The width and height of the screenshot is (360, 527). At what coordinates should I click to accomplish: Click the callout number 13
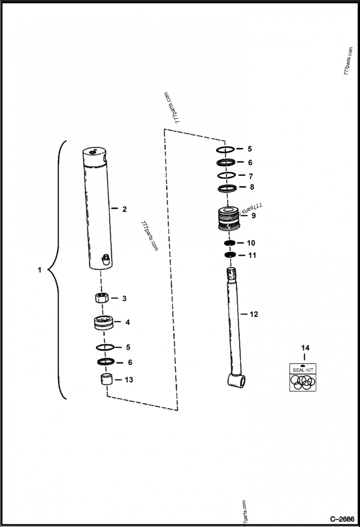pyautogui.click(x=129, y=380)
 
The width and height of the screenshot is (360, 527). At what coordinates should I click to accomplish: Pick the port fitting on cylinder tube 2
pyautogui.click(x=106, y=259)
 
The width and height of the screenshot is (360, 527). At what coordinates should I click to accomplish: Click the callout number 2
pyautogui.click(x=125, y=209)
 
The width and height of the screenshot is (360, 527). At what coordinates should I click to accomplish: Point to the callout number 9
pyautogui.click(x=254, y=215)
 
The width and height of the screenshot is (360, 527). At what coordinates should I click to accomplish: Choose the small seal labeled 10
pyautogui.click(x=230, y=243)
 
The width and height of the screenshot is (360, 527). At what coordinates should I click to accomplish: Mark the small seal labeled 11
pyautogui.click(x=230, y=255)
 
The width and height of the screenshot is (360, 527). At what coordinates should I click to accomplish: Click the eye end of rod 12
pyautogui.click(x=236, y=380)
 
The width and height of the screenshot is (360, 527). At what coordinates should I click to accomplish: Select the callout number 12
pyautogui.click(x=254, y=314)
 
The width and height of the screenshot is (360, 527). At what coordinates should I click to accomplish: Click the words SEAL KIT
pyautogui.click(x=302, y=370)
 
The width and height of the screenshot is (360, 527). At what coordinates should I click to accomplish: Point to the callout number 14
pyautogui.click(x=306, y=348)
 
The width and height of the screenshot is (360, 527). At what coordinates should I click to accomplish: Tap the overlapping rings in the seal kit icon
pyautogui.click(x=302, y=382)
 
